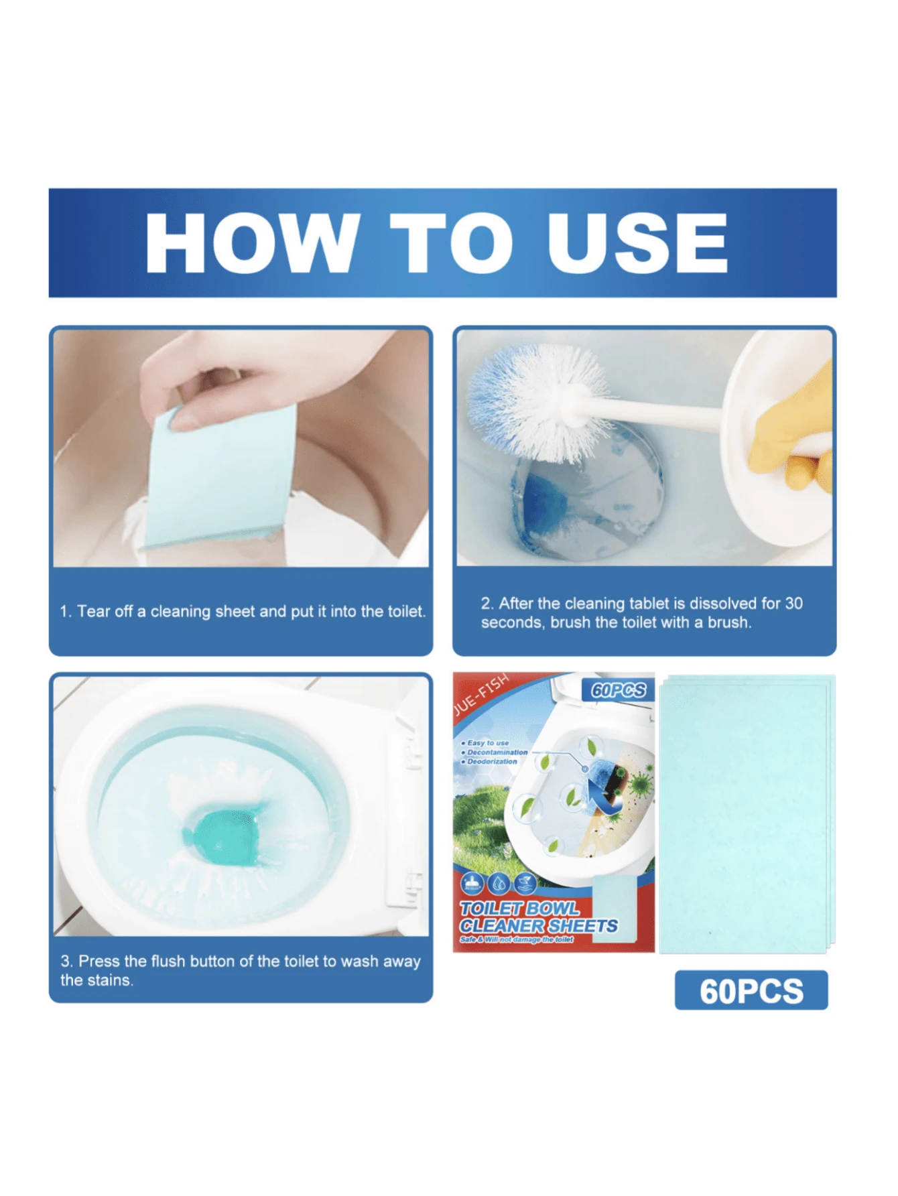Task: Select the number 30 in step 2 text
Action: (793, 603)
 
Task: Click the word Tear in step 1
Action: (92, 611)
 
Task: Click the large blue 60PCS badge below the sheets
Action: (751, 990)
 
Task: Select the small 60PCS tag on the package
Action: (618, 690)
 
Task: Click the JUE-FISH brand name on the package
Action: (481, 697)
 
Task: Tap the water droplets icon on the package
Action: (498, 884)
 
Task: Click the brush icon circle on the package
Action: (473, 884)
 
